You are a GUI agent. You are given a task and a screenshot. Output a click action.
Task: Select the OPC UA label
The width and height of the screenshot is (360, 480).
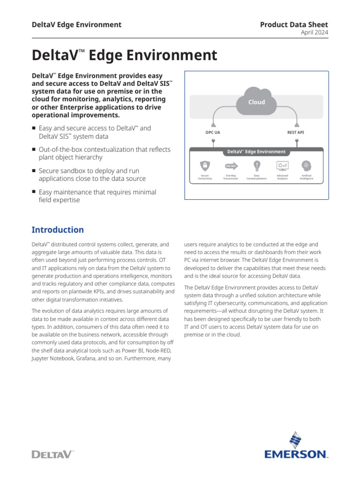[x=212, y=133]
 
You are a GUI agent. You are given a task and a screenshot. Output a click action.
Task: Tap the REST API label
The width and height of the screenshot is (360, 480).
[x=295, y=133]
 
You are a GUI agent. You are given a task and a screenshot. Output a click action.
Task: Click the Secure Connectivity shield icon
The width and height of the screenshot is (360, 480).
[x=205, y=165]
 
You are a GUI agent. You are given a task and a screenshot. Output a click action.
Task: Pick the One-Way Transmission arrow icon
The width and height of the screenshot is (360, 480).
[x=231, y=165]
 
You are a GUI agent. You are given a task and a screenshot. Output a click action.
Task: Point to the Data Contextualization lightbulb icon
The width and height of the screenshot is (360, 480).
[x=256, y=165]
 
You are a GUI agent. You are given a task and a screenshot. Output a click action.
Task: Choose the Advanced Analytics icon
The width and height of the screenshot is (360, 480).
[x=282, y=165]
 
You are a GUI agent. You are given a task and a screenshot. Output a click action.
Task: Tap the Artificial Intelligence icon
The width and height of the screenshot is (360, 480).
[x=307, y=165]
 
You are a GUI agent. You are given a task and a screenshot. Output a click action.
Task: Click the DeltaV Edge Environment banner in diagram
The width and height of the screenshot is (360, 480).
[x=256, y=152]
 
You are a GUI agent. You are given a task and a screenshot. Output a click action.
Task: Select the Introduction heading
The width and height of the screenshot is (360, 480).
[x=58, y=230]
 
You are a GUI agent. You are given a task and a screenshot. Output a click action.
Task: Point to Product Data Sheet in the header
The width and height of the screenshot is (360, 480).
[x=294, y=24]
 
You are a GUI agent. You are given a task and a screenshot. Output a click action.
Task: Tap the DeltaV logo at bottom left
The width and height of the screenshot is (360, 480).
[x=52, y=454]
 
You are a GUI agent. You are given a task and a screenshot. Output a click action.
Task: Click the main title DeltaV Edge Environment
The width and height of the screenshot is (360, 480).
[x=124, y=55]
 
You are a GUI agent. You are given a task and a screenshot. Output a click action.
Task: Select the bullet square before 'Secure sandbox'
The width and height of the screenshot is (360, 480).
[x=34, y=171]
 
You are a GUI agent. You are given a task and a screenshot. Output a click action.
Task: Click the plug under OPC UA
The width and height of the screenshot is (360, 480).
[x=213, y=141]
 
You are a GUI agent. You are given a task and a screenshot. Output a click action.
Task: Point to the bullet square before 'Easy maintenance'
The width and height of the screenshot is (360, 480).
[x=34, y=192]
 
